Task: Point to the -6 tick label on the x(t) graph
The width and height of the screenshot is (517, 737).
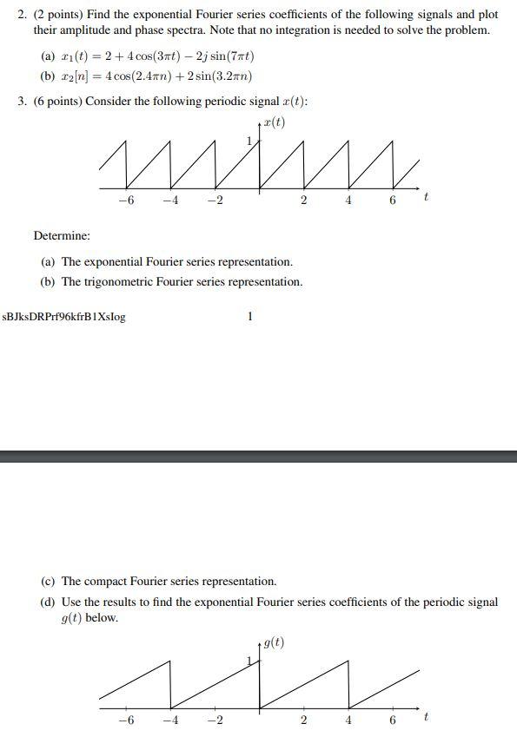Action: point(126,201)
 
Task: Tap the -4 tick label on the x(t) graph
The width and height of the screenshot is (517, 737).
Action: point(170,201)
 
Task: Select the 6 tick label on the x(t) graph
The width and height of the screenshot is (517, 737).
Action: point(393,201)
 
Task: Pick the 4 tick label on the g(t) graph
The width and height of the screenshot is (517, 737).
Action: point(348,721)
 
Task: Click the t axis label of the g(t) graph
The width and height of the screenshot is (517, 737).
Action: point(425,718)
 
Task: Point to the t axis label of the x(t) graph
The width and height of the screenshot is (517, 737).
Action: point(425,199)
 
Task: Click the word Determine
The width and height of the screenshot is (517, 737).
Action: point(62,235)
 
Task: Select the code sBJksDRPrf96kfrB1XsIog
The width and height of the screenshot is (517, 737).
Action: point(64,317)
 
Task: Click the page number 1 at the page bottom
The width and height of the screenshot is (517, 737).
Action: point(250,317)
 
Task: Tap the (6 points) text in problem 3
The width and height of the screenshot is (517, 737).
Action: point(57,101)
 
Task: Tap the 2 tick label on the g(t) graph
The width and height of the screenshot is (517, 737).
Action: point(303,721)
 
